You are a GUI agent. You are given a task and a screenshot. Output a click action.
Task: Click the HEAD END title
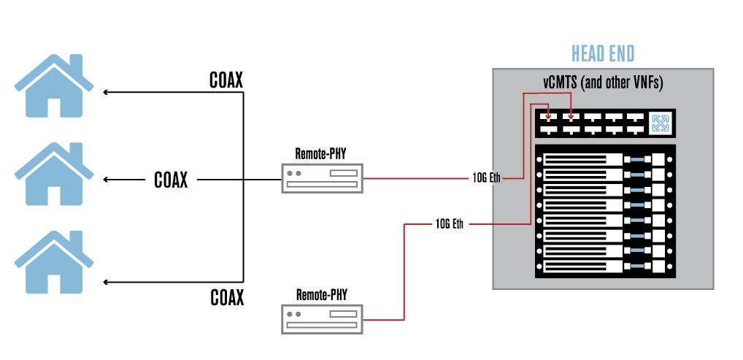(x=603, y=53)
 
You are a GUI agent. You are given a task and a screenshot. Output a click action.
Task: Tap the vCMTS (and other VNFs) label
(x=603, y=83)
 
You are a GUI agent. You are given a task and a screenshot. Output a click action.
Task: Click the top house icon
(x=54, y=85)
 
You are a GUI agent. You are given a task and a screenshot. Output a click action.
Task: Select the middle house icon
(x=54, y=174)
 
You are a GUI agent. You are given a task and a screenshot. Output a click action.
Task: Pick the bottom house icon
(x=54, y=262)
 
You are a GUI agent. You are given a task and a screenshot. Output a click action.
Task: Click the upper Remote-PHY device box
(x=322, y=178)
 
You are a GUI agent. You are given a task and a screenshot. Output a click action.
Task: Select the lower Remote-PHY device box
(x=322, y=319)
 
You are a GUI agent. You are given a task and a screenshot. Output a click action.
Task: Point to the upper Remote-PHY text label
(x=321, y=153)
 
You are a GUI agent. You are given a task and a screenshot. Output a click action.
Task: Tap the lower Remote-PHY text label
(x=322, y=294)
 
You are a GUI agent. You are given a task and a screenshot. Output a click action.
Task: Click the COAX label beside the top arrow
(x=226, y=80)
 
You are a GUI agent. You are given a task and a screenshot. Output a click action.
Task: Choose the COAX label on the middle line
(x=171, y=180)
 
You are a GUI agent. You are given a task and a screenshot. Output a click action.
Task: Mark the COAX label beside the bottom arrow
(x=227, y=297)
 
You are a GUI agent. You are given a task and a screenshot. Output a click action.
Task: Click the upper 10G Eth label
(x=486, y=178)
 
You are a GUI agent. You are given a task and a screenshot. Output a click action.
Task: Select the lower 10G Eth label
(x=449, y=223)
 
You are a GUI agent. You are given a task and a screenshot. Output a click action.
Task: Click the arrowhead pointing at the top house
(x=106, y=92)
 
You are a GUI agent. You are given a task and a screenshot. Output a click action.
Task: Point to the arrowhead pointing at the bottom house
(x=106, y=282)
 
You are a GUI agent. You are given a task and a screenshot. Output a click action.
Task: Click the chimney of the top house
(x=77, y=64)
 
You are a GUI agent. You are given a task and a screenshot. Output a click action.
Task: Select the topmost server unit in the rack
(x=605, y=160)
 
